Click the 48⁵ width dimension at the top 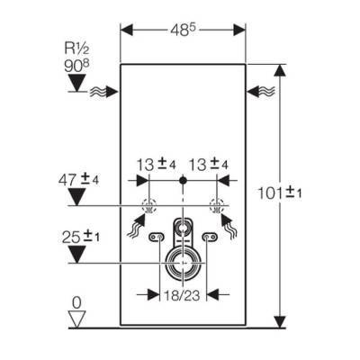(183, 30)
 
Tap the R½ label (77, 49)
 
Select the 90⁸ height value (77, 66)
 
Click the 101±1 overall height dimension (280, 193)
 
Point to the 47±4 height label (78, 180)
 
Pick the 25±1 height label (80, 238)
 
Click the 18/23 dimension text (182, 295)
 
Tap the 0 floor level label (76, 303)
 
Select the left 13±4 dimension (156, 165)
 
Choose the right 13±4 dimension (208, 165)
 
